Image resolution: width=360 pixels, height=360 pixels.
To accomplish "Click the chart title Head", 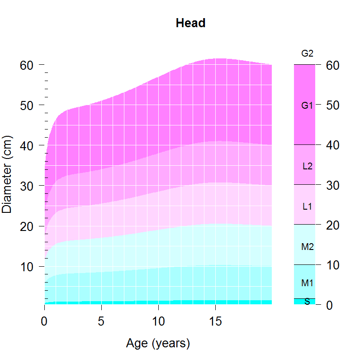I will pos(190,23).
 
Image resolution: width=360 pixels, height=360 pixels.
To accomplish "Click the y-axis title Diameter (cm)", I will pos(7,174).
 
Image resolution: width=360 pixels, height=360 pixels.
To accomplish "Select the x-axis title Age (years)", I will pos(158,344).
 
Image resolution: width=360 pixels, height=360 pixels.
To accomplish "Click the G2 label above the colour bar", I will pos(307,53).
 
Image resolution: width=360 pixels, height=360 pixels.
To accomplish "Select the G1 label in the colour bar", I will pos(307,106).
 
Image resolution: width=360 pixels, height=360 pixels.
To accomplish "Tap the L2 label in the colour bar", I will pos(307,166).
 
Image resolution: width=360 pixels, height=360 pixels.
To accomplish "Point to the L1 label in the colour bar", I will pos(307,206).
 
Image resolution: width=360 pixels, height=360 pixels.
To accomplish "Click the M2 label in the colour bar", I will pos(307,247).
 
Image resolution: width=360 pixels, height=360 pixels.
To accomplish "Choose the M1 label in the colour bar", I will pos(307,283).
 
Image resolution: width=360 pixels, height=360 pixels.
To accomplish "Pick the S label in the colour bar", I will pos(307,302).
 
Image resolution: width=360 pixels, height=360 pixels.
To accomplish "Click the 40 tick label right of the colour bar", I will pos(332,145).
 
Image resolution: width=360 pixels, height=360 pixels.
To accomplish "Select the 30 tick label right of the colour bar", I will pos(332,185).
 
